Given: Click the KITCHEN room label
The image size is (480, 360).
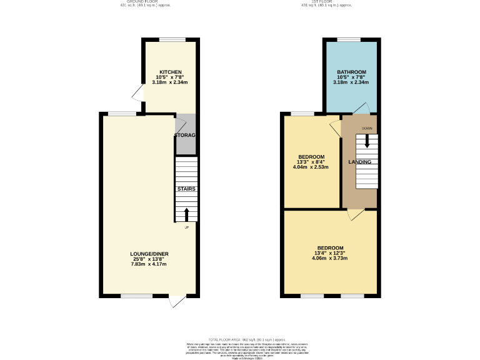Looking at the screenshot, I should tap(171, 72).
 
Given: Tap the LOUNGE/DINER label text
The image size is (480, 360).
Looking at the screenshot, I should tap(149, 254).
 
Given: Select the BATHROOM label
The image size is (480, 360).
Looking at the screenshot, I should tap(351, 72).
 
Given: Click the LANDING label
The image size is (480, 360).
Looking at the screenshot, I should tap(359, 162).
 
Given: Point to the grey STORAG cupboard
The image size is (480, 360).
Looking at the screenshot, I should tap(186, 135).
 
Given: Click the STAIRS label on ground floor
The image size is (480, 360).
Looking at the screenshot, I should tap(186, 188).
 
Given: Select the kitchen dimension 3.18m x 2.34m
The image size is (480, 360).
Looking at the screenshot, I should tap(171, 82).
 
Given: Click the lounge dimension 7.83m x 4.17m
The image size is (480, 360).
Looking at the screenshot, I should tap(149, 264).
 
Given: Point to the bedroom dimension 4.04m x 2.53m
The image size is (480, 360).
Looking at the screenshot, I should tap(311, 167).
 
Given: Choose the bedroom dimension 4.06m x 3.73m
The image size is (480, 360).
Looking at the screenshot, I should tap(330, 257).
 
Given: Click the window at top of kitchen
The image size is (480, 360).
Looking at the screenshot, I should tap(172, 40).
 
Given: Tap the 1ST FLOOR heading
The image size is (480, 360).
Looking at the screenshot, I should tap(326, 2).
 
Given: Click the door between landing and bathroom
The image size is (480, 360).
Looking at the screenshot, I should tap(361, 110).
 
